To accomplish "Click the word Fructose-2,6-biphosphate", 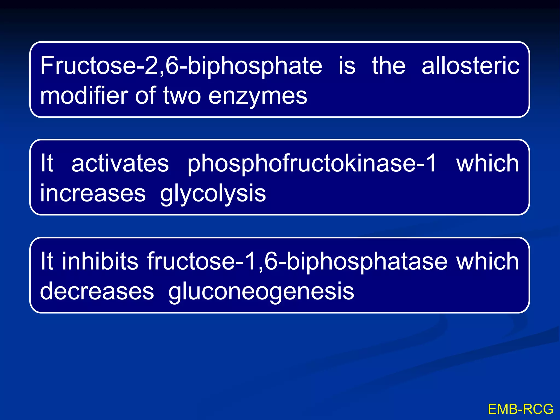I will click(x=181, y=66).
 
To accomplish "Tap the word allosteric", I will click(x=470, y=66).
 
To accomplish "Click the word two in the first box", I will click(x=182, y=96).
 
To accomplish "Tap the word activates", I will click(x=120, y=163).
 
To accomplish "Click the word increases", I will click(x=93, y=193).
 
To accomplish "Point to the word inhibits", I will click(x=100, y=261).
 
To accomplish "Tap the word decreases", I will click(x=97, y=291).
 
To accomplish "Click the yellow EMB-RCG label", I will click(x=520, y=409).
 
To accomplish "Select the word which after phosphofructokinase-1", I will click(x=487, y=163).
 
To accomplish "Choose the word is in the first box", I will click(x=347, y=66).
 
